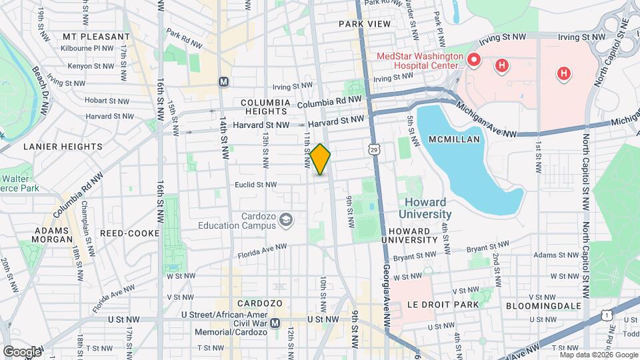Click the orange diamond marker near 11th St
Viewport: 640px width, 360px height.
(x=321, y=159)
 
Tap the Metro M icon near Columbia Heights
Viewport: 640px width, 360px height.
(x=223, y=81)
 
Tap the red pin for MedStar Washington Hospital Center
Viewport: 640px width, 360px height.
(x=474, y=60)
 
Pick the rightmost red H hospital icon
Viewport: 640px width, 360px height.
(x=564, y=73)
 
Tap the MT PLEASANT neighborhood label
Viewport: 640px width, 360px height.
(x=96, y=36)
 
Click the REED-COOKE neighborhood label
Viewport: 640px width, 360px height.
(x=129, y=233)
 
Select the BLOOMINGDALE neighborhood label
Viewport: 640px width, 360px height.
(x=543, y=305)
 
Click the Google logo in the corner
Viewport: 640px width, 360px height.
(x=21, y=351)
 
